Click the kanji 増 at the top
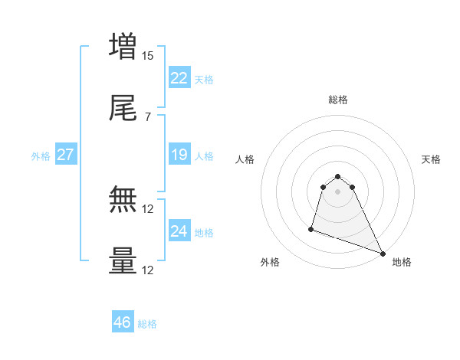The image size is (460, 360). pyautogui.click(x=123, y=47)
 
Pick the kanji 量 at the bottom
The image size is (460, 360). pyautogui.click(x=123, y=260)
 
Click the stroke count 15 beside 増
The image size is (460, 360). pyautogui.click(x=148, y=56)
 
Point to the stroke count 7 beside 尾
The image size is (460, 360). pyautogui.click(x=147, y=116)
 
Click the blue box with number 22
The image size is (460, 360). pyautogui.click(x=179, y=78)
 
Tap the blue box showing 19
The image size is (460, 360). pyautogui.click(x=179, y=155)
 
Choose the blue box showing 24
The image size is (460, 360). pyautogui.click(x=179, y=231)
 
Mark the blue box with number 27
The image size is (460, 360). pyautogui.click(x=65, y=155)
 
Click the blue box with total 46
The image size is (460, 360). pyautogui.click(x=123, y=322)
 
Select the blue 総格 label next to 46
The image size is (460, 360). pyautogui.click(x=148, y=324)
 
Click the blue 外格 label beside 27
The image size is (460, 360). pyautogui.click(x=41, y=156)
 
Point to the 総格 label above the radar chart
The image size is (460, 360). pyautogui.click(x=338, y=100)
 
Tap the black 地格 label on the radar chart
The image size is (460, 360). pyautogui.click(x=402, y=262)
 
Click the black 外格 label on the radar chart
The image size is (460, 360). pyautogui.click(x=270, y=262)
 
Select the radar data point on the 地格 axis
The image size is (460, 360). pyautogui.click(x=382, y=254)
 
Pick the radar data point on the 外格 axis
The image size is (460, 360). pyautogui.click(x=311, y=228)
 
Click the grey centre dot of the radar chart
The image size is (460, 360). pyautogui.click(x=338, y=191)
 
